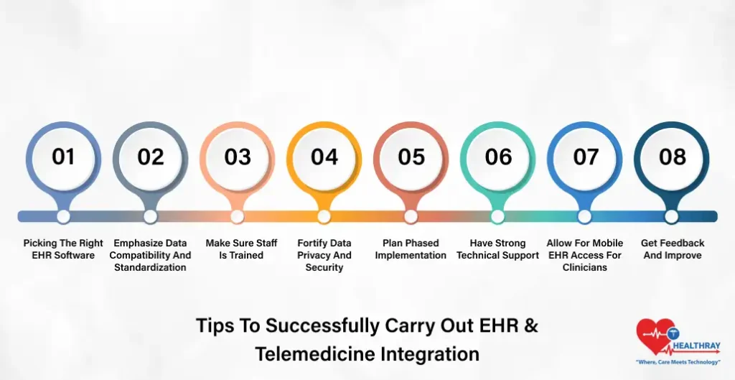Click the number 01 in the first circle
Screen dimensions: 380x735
click(63, 157)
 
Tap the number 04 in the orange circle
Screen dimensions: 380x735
click(324, 157)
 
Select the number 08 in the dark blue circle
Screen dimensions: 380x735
click(672, 157)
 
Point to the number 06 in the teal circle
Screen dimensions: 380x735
click(498, 157)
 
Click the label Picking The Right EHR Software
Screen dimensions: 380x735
click(63, 249)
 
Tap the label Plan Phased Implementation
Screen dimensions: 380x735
click(411, 249)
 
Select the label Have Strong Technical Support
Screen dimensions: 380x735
click(498, 249)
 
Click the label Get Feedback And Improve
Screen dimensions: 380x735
click(672, 249)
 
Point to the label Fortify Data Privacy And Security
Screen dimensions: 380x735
click(324, 255)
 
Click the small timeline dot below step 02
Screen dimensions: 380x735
click(150, 216)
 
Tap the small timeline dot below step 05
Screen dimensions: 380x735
click(411, 216)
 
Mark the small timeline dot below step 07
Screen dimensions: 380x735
click(584, 216)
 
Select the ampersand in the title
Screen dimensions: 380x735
click(530, 325)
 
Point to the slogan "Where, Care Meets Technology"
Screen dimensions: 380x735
click(678, 362)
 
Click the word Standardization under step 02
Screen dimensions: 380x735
click(150, 267)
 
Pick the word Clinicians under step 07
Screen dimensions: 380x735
click(584, 267)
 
